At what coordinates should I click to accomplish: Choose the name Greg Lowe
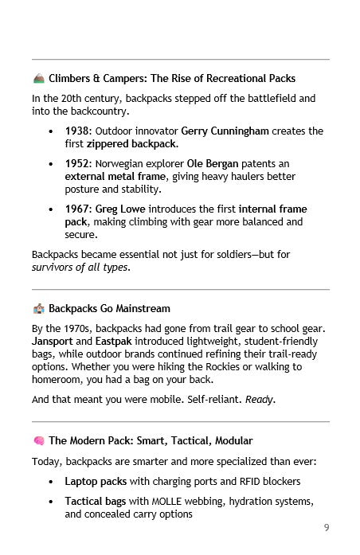tap(122, 209)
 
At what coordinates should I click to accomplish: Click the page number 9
tap(327, 527)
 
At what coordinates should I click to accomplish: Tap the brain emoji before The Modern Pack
tap(38, 440)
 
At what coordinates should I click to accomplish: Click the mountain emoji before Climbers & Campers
tap(38, 79)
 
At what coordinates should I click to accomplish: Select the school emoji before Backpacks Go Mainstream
tap(38, 308)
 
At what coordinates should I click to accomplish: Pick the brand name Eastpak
tap(111, 341)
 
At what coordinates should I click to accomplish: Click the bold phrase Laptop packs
tap(95, 482)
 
